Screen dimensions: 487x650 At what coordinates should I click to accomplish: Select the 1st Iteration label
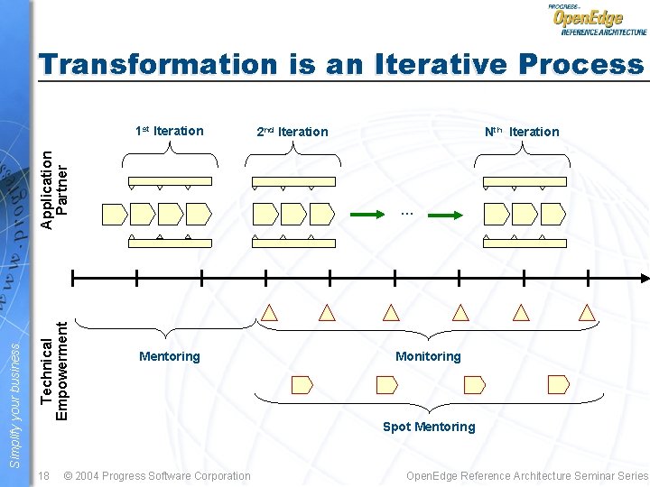[x=169, y=131]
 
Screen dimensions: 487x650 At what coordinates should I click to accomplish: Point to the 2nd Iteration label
[x=292, y=132]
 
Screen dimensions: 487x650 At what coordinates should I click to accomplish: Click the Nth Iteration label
[x=522, y=132]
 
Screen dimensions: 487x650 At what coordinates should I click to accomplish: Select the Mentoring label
[x=170, y=356]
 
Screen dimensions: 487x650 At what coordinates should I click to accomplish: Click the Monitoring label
[x=428, y=356]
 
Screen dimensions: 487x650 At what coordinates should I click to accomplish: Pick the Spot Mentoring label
[x=429, y=427]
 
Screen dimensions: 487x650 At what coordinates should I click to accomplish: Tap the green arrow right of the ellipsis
[x=446, y=215]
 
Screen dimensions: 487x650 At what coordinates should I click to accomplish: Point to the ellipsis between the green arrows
[x=406, y=214]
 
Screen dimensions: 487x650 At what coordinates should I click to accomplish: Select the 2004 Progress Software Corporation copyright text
[x=158, y=475]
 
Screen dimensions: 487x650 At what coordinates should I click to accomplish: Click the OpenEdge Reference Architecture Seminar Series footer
[x=527, y=475]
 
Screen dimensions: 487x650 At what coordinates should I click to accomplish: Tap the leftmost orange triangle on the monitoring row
[x=269, y=313]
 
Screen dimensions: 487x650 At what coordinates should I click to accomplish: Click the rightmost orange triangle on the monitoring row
[x=587, y=313]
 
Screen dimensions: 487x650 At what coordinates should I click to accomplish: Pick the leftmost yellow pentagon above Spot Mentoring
[x=302, y=385]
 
